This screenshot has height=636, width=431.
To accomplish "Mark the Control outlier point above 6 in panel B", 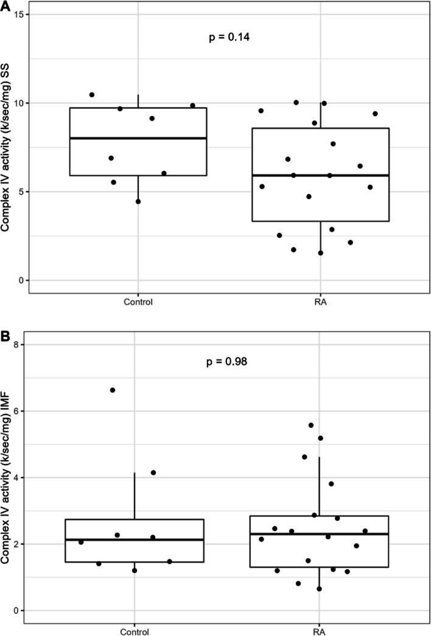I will [x=113, y=390].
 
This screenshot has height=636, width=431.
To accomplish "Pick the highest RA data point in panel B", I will [x=311, y=425].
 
